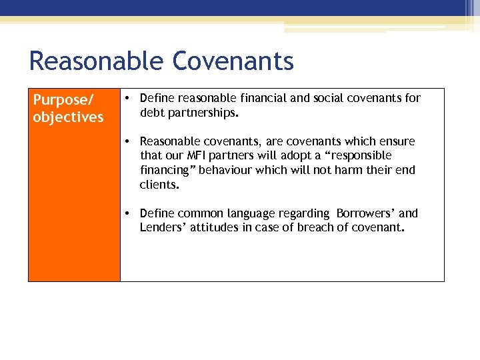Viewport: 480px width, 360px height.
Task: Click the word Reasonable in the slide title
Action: [97, 61]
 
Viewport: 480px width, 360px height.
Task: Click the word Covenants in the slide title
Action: [233, 61]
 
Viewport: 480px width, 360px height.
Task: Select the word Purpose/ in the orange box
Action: [63, 100]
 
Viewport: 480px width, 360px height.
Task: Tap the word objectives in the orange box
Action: [69, 117]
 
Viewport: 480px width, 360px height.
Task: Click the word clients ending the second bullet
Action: [158, 185]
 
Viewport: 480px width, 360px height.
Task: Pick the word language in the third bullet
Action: [247, 213]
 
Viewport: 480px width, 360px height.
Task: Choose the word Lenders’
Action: [163, 228]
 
